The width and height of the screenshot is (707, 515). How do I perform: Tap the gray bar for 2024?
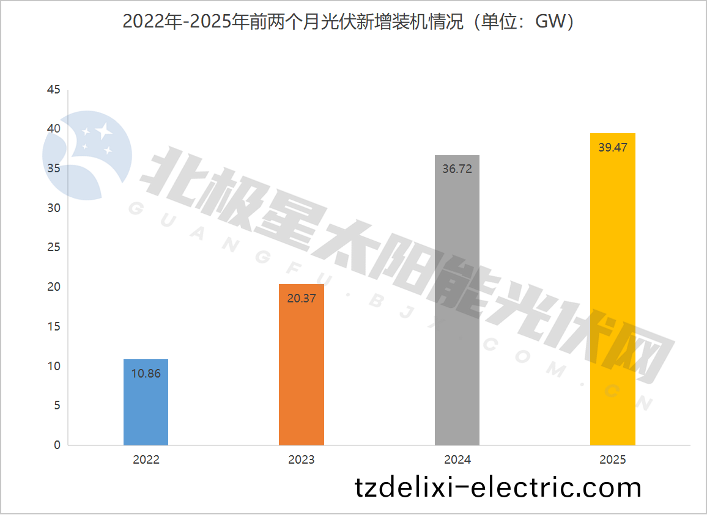tap(457, 305)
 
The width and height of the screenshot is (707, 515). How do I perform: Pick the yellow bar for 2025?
tap(612, 293)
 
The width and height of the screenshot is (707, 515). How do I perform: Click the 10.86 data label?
tap(146, 373)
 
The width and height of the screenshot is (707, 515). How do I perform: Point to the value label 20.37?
tap(301, 298)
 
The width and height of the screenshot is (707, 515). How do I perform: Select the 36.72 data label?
tap(457, 169)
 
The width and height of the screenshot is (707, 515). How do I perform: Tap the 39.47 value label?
tap(612, 147)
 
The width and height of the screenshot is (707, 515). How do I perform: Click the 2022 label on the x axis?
tap(146, 460)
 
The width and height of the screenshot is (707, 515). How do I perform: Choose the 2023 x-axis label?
tap(301, 460)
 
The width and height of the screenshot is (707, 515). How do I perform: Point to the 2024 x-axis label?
tap(457, 460)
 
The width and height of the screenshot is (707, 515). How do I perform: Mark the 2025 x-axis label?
tap(612, 460)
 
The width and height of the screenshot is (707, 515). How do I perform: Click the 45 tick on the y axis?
tap(54, 90)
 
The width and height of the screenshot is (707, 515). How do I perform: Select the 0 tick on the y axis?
tap(57, 445)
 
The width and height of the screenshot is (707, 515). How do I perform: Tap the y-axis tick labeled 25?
tap(54, 247)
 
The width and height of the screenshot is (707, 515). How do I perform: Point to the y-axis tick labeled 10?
tap(54, 366)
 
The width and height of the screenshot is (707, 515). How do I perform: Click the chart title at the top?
tap(349, 21)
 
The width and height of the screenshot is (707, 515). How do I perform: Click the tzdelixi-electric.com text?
tap(498, 488)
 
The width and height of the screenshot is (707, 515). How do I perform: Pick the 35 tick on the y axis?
tap(54, 169)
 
